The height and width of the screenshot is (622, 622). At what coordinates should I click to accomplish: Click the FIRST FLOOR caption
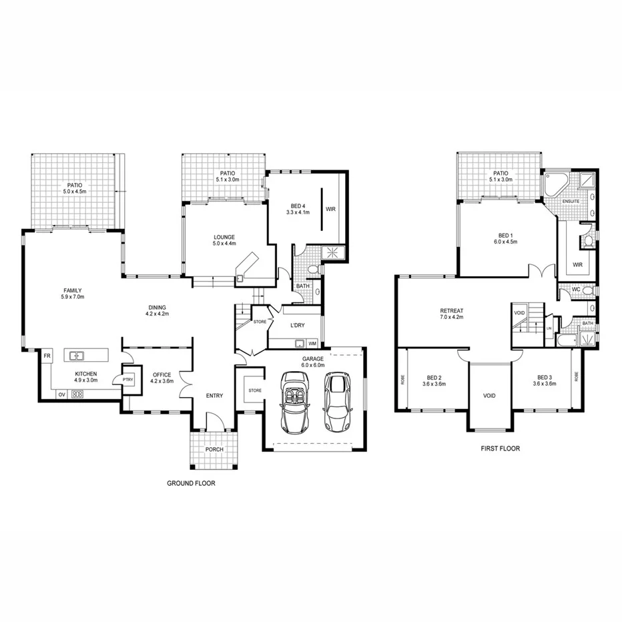(x=500, y=449)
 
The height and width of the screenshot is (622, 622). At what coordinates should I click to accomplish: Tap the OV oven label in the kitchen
(x=61, y=394)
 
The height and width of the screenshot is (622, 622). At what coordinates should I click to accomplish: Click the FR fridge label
(x=47, y=356)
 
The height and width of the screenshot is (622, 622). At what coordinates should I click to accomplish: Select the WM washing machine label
(x=312, y=344)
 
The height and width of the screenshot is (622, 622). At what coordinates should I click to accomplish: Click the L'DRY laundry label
(x=298, y=325)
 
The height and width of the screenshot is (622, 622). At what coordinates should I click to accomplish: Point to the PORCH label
(x=214, y=449)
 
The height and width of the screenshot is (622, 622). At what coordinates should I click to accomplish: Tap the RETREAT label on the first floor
(x=452, y=310)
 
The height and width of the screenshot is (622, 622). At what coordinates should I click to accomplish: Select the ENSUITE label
(x=571, y=201)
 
